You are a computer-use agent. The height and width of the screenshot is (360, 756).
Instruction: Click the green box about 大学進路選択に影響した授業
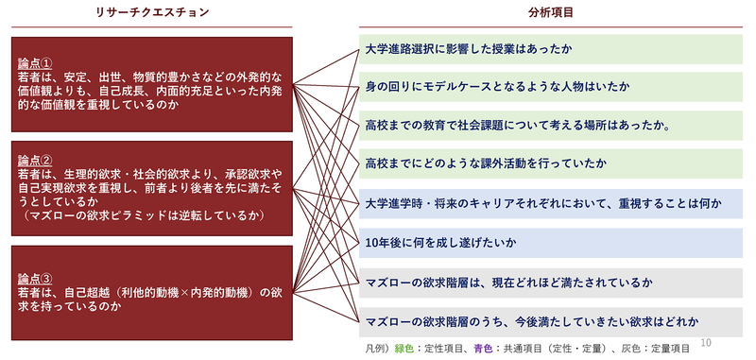coord(552,48)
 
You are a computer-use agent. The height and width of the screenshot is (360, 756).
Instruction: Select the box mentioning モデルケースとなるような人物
coord(552,87)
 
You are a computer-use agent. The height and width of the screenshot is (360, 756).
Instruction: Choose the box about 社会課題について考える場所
coord(552,126)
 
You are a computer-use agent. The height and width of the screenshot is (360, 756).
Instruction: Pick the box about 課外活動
coord(552,164)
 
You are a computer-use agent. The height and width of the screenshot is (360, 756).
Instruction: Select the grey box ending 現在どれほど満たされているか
coord(552,283)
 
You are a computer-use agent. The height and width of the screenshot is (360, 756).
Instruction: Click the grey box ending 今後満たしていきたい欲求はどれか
coord(552,321)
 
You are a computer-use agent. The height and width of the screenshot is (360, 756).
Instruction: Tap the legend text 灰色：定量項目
coord(675,349)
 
